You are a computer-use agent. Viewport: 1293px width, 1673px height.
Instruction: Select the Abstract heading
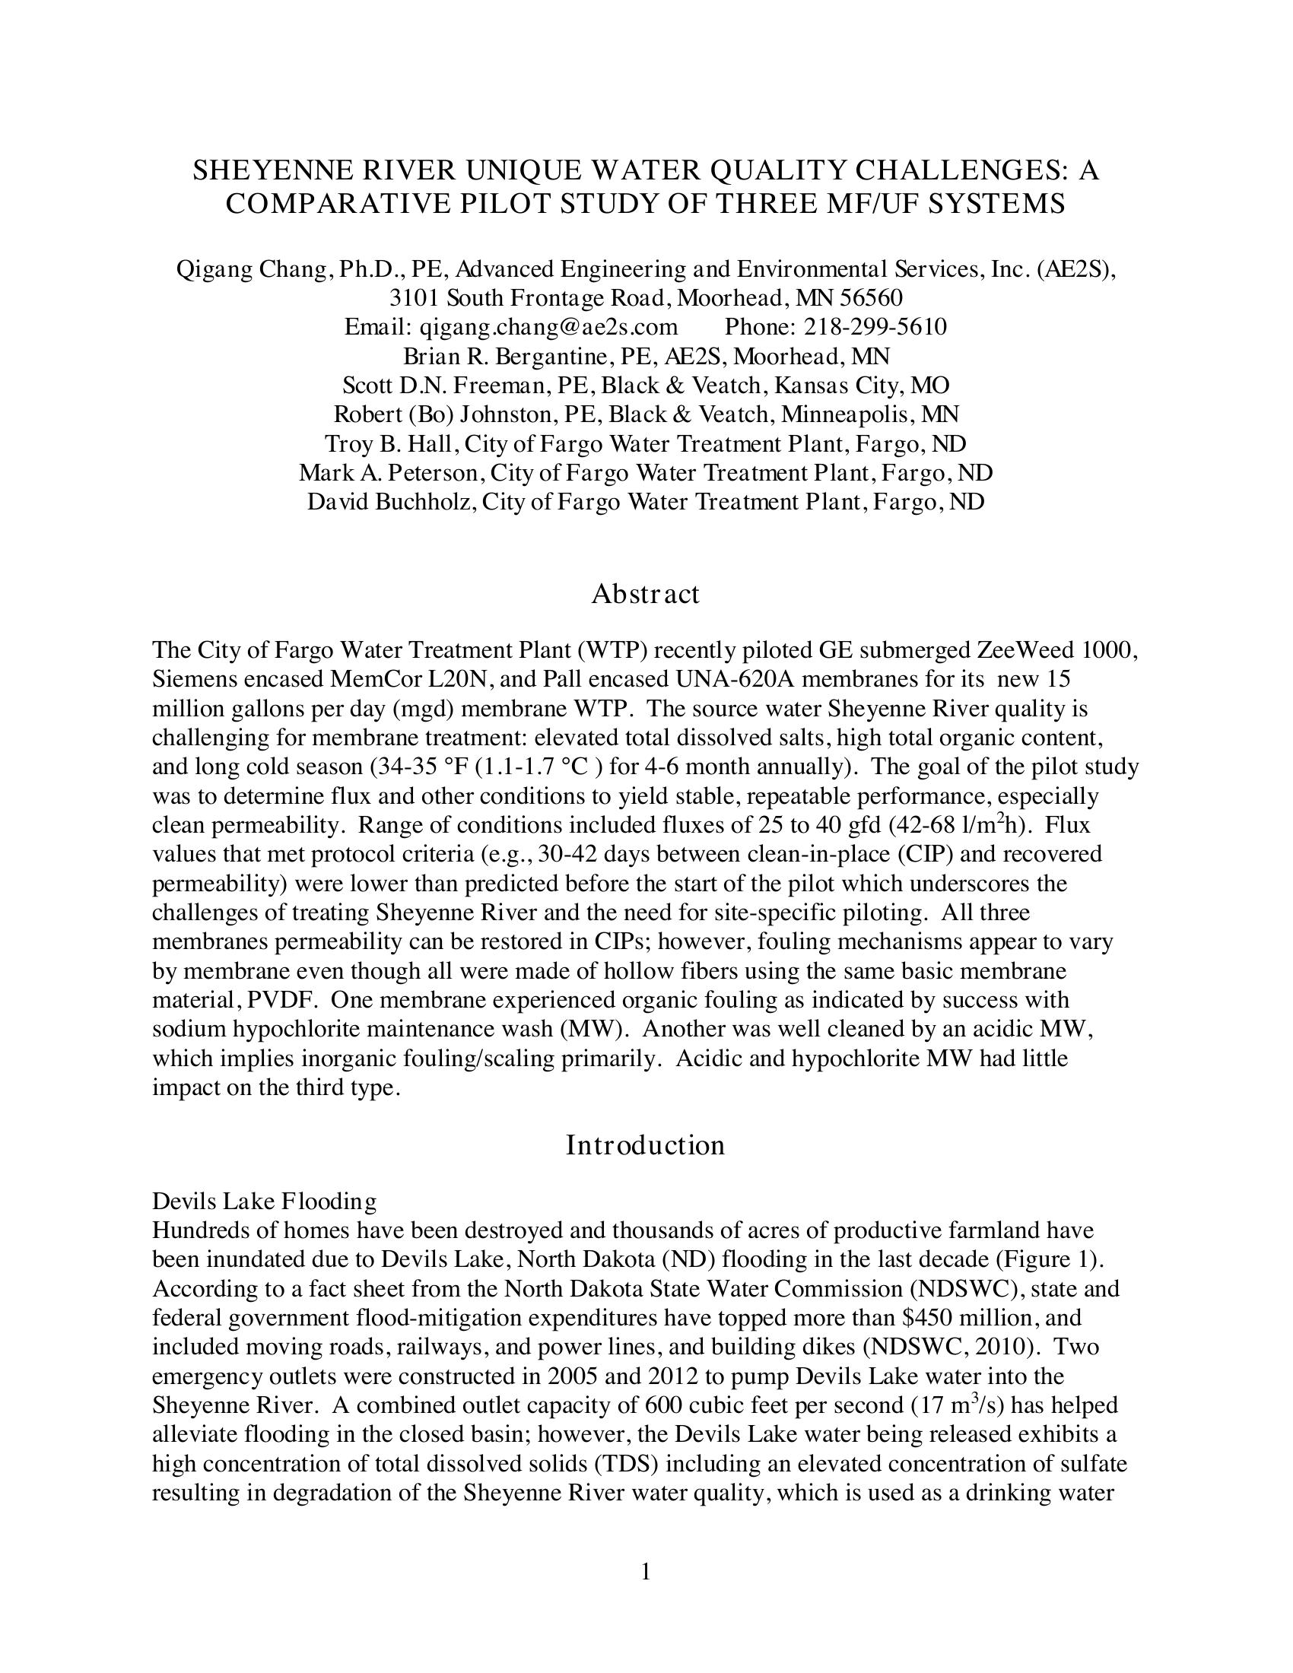(645, 594)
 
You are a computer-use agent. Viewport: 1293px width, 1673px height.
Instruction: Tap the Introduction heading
(645, 1145)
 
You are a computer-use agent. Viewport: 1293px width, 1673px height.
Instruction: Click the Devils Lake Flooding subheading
(264, 1201)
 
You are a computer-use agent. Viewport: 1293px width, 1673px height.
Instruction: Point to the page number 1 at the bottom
(645, 1573)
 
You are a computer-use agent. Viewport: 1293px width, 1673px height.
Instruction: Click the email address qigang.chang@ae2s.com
(548, 327)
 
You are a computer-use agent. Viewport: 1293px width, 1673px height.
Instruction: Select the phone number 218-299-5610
(875, 327)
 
